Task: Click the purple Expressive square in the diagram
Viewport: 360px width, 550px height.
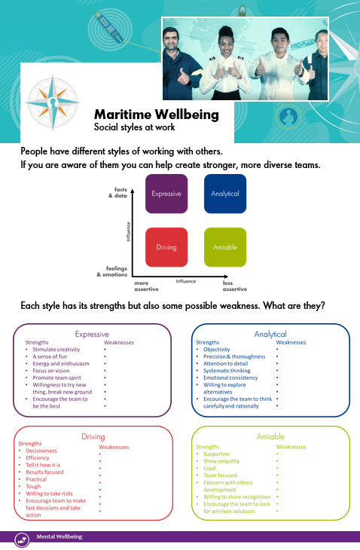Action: coord(166,194)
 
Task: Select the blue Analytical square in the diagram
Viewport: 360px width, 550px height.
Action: coord(225,194)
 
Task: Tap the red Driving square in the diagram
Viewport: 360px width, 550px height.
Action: coord(166,247)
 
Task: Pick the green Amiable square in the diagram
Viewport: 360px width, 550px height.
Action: coord(225,247)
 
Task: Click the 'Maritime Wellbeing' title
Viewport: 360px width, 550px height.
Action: coord(157,115)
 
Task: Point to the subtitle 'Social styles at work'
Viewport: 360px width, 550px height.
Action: coord(134,127)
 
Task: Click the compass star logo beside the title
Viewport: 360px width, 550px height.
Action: coord(53,102)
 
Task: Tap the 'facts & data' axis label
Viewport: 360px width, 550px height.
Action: coord(118,193)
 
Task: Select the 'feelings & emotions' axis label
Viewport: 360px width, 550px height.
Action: coord(112,271)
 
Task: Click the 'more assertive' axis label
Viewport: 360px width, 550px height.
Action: coord(147,286)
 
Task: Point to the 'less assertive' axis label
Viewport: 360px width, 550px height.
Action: coord(235,286)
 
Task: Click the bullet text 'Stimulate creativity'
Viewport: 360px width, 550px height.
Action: coord(56,350)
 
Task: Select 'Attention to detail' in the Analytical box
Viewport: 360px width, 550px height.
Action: coord(225,364)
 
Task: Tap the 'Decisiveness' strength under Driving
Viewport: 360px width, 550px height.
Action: coord(41,451)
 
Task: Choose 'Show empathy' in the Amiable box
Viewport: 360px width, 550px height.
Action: coord(221,461)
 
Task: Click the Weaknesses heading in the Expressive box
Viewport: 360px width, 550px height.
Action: coord(119,342)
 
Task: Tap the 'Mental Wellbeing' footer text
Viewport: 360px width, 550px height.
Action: coord(59,536)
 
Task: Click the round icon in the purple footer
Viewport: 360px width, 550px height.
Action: coord(22,539)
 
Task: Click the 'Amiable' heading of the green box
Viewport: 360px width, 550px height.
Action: coord(270,437)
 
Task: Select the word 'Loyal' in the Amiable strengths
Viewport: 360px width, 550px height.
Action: coord(209,469)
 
